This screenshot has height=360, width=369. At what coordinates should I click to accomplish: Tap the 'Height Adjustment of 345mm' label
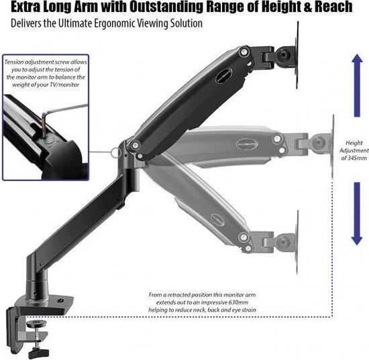click(354, 150)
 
